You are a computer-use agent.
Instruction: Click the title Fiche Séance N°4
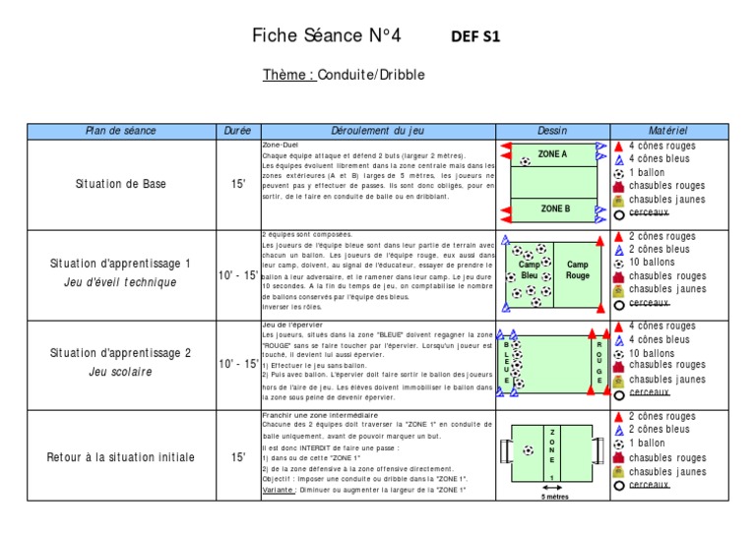click(x=327, y=37)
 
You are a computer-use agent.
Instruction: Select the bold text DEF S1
click(x=475, y=37)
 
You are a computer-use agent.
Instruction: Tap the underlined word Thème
click(x=288, y=75)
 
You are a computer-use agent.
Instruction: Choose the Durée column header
click(x=238, y=131)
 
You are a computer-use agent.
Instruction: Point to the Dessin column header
click(x=552, y=131)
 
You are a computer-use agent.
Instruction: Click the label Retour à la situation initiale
click(x=121, y=457)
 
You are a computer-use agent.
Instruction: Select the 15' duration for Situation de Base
click(x=238, y=184)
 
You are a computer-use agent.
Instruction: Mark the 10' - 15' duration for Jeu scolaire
click(x=238, y=365)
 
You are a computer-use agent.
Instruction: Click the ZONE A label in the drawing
click(x=552, y=154)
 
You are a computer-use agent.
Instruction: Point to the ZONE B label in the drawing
click(x=554, y=208)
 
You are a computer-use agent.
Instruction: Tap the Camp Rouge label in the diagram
click(x=578, y=270)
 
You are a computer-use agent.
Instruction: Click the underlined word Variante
click(x=281, y=490)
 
